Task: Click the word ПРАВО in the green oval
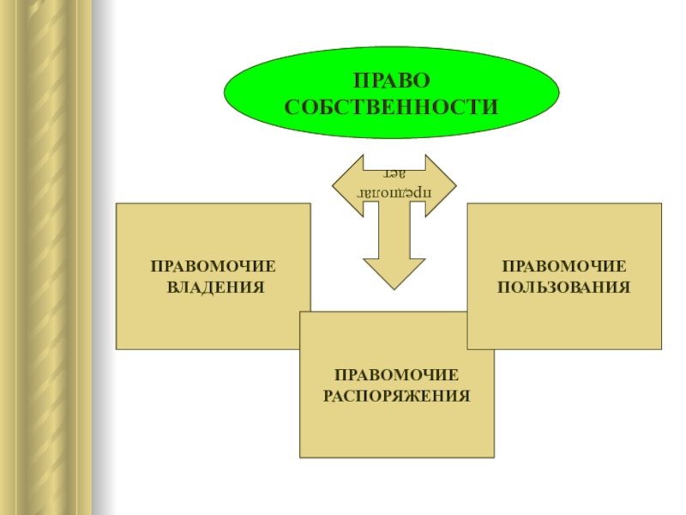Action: click(391, 81)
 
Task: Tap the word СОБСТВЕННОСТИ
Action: click(391, 107)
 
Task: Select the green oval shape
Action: click(257, 94)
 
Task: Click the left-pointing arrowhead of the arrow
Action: click(337, 183)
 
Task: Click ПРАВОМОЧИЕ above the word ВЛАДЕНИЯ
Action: click(214, 267)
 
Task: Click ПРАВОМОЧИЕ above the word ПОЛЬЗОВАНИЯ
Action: click(564, 266)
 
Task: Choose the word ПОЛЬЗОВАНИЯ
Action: click(564, 286)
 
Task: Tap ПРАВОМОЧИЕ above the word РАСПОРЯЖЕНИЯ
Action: click(397, 376)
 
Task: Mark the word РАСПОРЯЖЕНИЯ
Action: click(397, 396)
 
